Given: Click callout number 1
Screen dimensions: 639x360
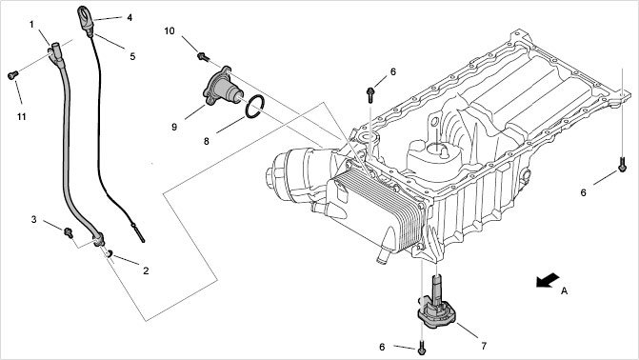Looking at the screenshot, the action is [31, 25].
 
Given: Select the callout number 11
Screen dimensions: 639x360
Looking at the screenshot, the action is [22, 116].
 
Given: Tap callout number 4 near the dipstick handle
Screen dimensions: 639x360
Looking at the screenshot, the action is [130, 17].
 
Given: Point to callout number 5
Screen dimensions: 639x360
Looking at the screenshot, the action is [132, 56].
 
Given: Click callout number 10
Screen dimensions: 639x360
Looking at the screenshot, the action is [170, 31].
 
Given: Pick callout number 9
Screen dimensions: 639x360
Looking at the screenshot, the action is [174, 127].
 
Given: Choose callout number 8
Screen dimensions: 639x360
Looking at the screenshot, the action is [207, 141].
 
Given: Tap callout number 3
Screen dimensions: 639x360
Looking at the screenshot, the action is [34, 219].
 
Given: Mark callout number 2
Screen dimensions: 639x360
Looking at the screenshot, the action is [146, 270].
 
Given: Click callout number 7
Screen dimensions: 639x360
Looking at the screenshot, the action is [484, 346].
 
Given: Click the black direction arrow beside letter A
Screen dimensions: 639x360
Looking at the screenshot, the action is [548, 280].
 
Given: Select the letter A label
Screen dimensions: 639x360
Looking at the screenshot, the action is [564, 290].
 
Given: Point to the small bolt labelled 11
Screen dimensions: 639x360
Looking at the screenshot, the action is [12, 75].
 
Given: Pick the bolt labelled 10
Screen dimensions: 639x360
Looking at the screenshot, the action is [203, 57].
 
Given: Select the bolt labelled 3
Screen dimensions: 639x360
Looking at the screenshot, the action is [69, 232].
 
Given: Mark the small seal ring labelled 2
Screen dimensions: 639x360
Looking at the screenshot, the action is [110, 254].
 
